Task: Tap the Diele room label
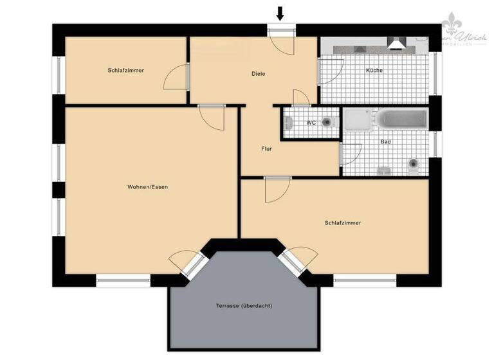(x=258, y=74)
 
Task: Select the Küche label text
(x=374, y=70)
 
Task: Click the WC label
(x=311, y=122)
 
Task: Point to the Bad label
(x=386, y=141)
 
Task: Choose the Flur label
(x=266, y=149)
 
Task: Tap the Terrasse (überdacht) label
(x=244, y=305)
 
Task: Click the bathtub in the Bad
(x=403, y=120)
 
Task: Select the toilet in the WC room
(x=327, y=122)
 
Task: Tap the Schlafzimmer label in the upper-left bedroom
(x=125, y=69)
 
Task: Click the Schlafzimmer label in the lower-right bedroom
(x=342, y=222)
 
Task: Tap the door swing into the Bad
(x=350, y=154)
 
